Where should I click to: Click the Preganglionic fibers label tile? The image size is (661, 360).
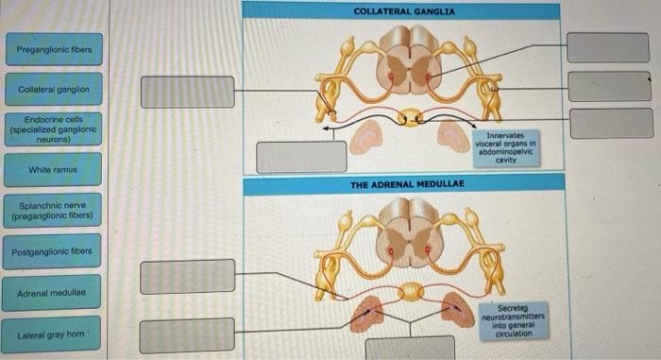53,48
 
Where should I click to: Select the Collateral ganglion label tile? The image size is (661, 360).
53,90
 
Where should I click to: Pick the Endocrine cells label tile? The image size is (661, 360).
53,129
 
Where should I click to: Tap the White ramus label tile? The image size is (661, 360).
53,170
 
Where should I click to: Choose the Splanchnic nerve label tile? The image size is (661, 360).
53,210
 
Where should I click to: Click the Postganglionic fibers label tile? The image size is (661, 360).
53,252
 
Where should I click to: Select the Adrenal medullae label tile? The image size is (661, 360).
53,294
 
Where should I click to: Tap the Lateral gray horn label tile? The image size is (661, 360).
53,334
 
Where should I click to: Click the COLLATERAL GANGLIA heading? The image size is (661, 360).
403,11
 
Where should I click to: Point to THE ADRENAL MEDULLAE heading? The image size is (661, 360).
403,184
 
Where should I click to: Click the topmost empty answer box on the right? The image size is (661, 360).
608,47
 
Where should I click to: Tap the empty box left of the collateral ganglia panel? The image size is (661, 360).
187,92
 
